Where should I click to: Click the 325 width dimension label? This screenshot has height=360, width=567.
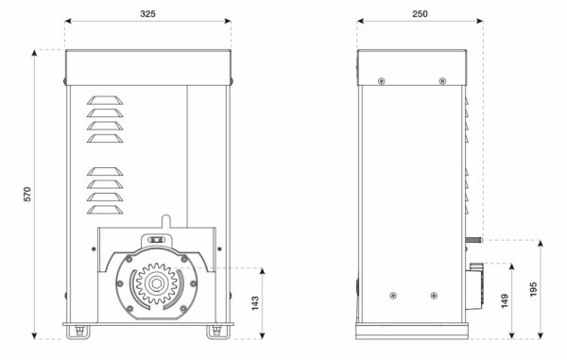(147, 14)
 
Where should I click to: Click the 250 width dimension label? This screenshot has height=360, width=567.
(420, 14)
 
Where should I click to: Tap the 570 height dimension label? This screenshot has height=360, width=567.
(27, 194)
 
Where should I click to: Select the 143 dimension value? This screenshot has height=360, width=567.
(255, 303)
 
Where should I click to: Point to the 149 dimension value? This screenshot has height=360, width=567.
(505, 300)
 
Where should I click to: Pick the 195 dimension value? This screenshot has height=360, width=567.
(533, 289)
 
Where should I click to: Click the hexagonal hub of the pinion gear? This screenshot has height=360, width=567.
(156, 283)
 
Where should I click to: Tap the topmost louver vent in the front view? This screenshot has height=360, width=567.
(105, 100)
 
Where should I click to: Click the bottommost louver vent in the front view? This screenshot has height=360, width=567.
(105, 210)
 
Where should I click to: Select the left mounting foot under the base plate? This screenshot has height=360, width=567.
(77, 333)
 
